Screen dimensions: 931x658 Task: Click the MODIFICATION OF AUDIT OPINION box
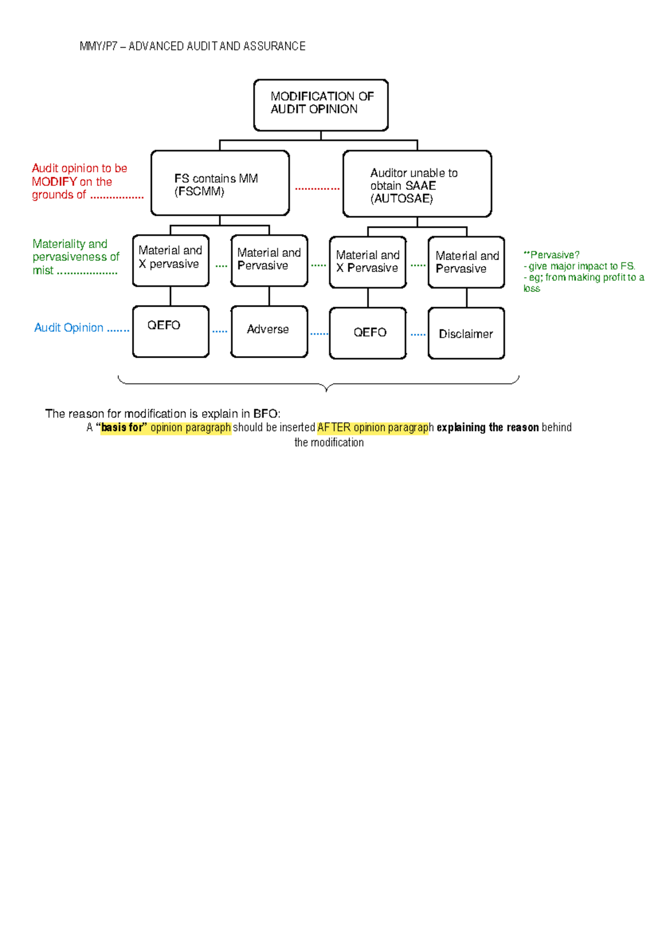[321, 105]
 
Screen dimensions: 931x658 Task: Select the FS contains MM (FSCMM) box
[220, 183]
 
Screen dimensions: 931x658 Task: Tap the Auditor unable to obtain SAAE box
[417, 184]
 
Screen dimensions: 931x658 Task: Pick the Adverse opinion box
[269, 331]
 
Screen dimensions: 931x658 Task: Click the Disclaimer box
[466, 334]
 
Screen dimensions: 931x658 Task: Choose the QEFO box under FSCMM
[171, 331]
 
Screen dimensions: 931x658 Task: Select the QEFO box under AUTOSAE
[368, 333]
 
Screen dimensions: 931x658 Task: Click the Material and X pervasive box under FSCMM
[171, 261]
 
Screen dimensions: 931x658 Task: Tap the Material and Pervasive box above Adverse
[269, 261]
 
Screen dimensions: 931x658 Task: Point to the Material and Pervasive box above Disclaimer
[466, 262]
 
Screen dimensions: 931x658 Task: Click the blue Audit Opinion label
[69, 328]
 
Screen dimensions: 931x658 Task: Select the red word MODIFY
[54, 182]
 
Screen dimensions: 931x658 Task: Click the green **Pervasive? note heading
[551, 255]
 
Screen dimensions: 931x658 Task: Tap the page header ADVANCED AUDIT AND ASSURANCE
[217, 47]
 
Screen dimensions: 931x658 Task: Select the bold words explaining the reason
[487, 427]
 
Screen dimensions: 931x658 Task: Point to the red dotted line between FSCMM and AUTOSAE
[317, 189]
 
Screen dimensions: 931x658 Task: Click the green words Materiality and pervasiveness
[75, 250]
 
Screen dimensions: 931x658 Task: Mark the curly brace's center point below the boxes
[326, 388]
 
